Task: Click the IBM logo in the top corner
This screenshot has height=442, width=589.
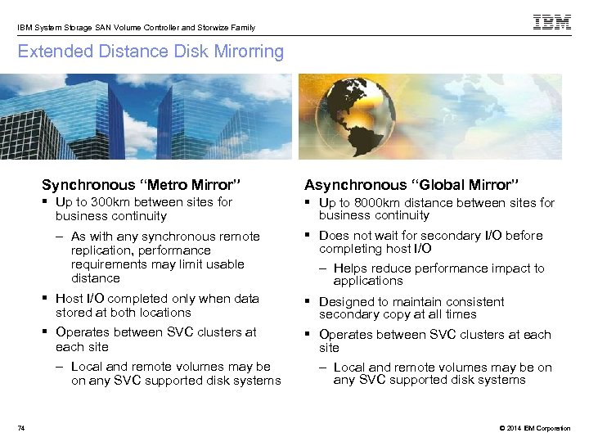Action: pos(551,23)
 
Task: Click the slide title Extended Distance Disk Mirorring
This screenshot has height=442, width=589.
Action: pos(151,52)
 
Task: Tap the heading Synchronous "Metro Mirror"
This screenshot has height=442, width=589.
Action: pos(141,185)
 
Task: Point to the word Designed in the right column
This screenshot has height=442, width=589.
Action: pos(345,302)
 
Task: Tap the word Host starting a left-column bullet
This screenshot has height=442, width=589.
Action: pos(69,299)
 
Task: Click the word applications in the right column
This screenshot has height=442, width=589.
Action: pos(368,281)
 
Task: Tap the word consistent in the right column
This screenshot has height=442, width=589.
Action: pos(478,302)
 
